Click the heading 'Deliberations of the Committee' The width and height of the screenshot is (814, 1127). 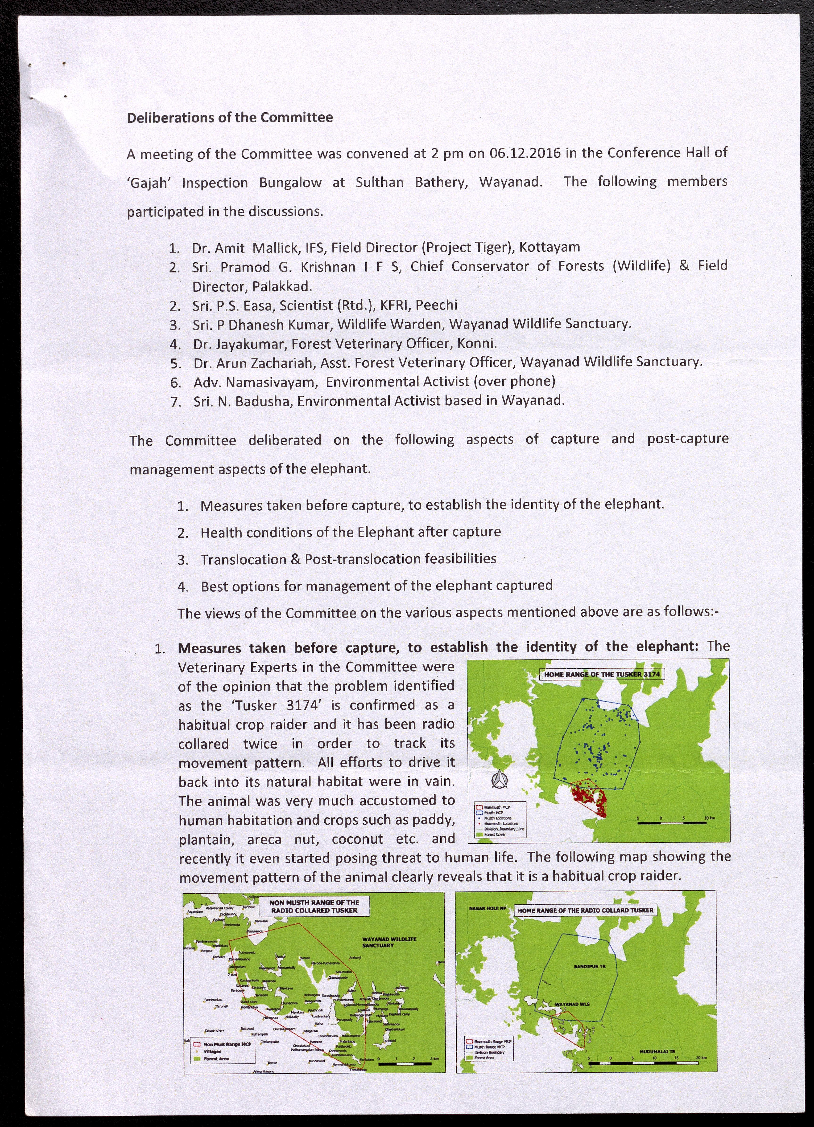click(230, 118)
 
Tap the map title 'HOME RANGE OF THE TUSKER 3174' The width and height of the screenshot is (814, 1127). click(602, 674)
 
